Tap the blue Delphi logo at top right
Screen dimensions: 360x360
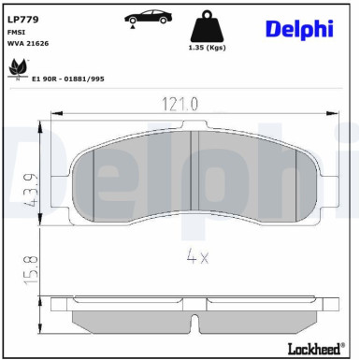tap(298, 28)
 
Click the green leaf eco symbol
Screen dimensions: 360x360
tap(17, 68)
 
